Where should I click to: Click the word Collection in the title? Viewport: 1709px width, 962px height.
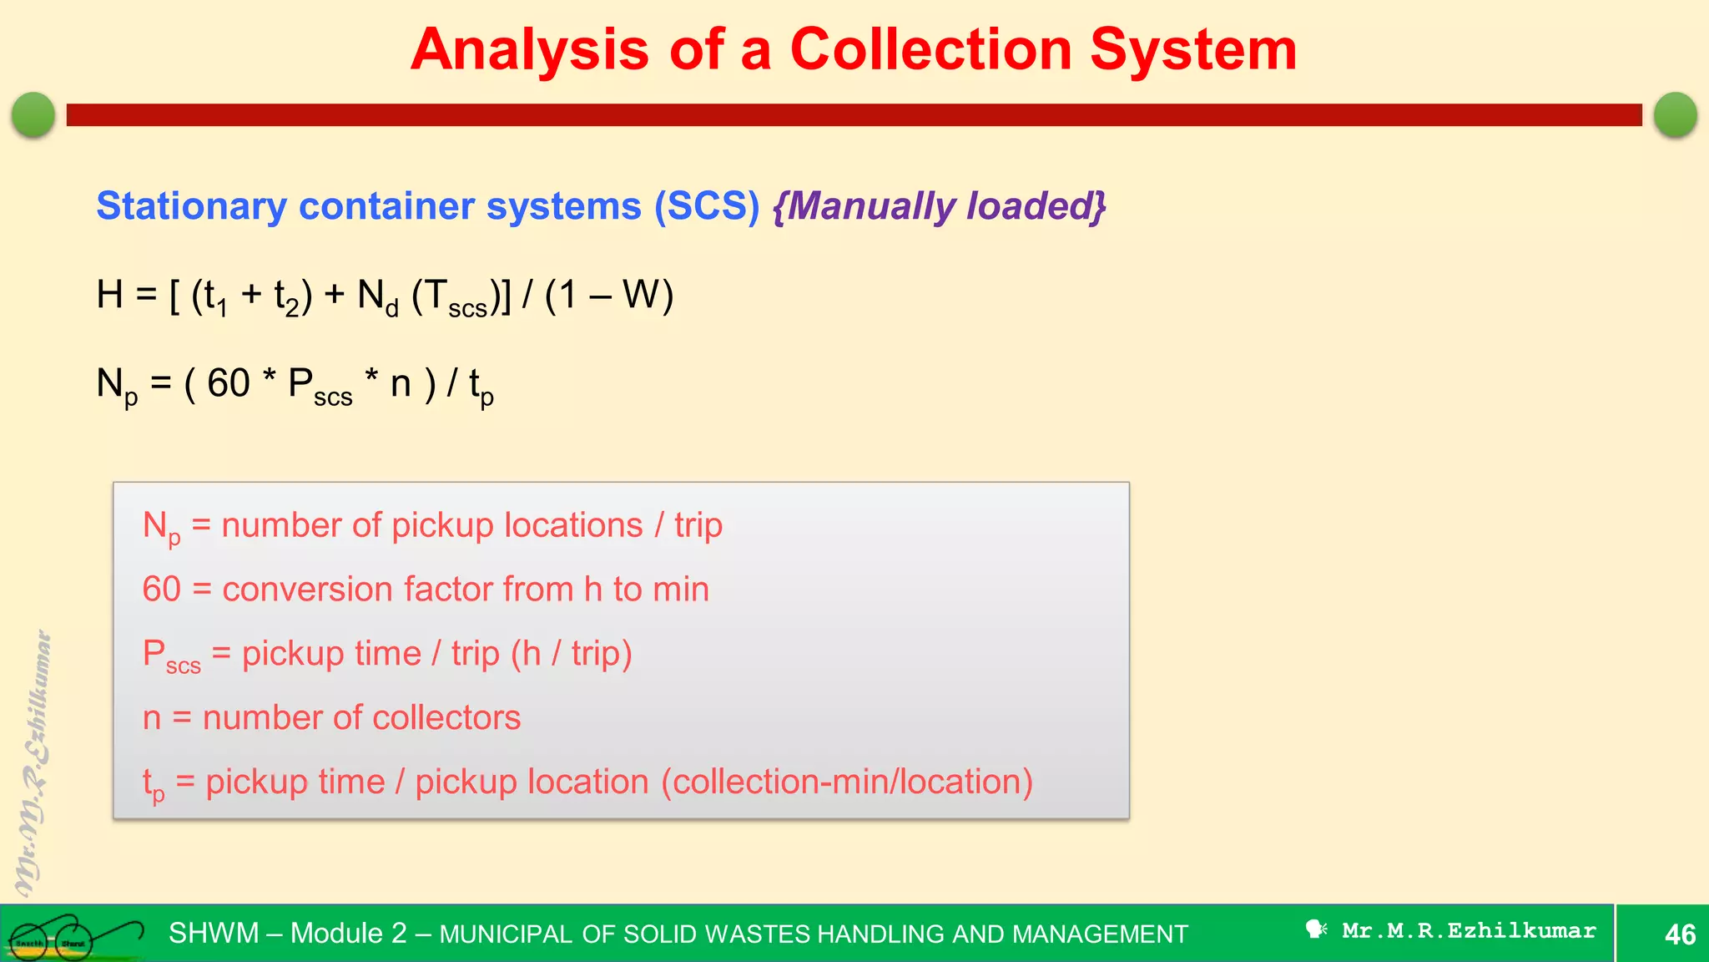[930, 50]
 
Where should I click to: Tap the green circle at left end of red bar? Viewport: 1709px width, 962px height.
[33, 114]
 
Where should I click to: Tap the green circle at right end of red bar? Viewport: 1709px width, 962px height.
[1675, 114]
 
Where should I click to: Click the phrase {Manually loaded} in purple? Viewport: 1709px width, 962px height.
[939, 206]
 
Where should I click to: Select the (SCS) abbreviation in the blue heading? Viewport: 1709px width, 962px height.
[707, 206]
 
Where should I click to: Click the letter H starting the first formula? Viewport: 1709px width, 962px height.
[109, 295]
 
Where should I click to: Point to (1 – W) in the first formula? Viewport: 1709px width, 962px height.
[608, 295]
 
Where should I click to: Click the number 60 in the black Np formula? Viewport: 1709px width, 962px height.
[228, 383]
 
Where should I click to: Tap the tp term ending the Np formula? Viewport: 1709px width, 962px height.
[481, 387]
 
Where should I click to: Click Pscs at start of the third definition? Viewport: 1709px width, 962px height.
[170, 656]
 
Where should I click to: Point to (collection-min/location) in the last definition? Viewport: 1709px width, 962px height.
[847, 782]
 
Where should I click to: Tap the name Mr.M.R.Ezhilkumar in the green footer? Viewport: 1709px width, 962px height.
[1468, 931]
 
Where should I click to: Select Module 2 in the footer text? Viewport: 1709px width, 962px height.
[348, 934]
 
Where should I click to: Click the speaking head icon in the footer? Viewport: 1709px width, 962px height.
[1316, 929]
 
